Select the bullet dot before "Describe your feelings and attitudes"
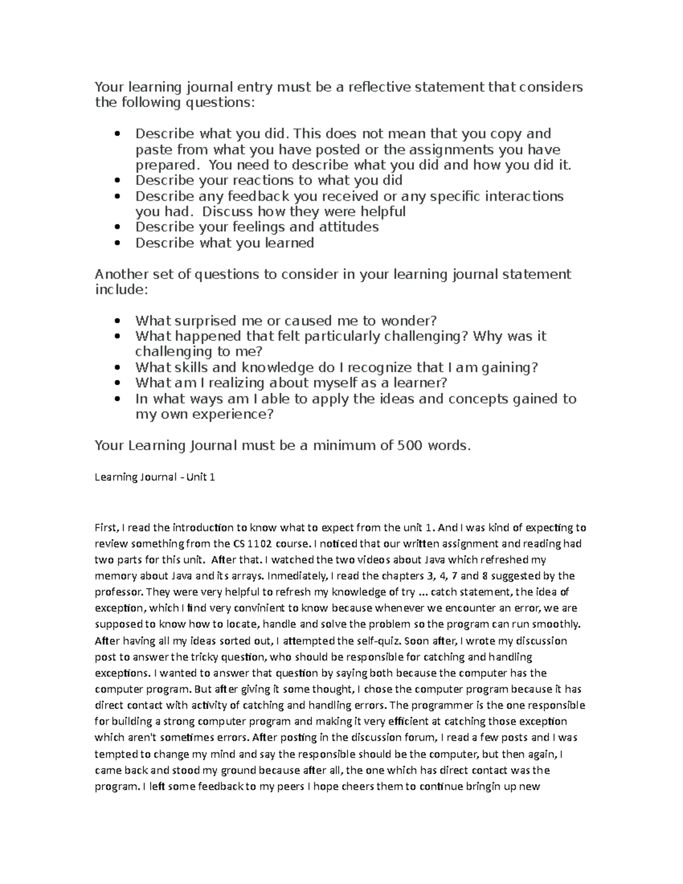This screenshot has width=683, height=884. (x=117, y=228)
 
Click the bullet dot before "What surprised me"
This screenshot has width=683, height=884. (x=117, y=321)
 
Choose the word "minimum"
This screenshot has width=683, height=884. (x=345, y=445)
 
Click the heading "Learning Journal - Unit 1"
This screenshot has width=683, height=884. (x=154, y=477)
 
